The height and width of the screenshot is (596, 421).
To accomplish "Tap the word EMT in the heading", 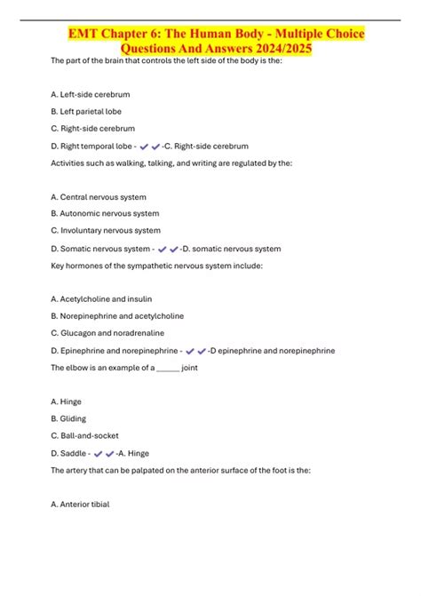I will pos(87,34).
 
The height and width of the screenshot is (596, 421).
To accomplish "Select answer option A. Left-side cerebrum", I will pos(90,94).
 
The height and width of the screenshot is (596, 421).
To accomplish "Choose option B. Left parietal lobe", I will pos(86,111).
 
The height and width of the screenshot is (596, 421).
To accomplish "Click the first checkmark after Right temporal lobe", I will pos(145,146).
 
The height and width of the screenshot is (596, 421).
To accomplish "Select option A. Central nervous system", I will pos(99,196).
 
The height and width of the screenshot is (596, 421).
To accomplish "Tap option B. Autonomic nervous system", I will pos(105,213).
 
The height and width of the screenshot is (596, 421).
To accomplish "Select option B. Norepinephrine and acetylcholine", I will pos(117,315).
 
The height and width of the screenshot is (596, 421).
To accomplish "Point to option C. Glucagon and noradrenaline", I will pos(110,332).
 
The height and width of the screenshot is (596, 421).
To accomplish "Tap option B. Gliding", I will pos(71,417).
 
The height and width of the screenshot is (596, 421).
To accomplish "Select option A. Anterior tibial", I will pos(80,504).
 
